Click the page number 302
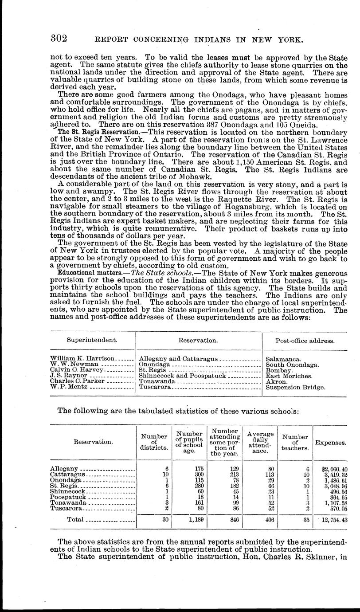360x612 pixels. point(58,39)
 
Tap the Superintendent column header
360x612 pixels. point(92,340)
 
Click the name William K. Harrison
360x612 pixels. point(82,358)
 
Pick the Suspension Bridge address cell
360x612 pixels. point(295,387)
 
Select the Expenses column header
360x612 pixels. point(331,442)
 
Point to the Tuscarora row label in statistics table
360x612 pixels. point(66,508)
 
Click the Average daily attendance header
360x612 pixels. point(260,442)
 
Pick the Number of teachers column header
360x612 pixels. point(296,442)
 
